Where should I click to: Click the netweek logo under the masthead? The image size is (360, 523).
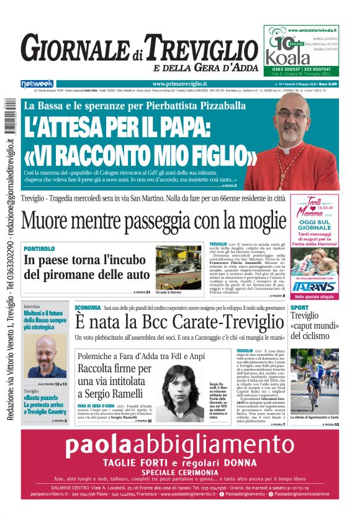click(x=37, y=83)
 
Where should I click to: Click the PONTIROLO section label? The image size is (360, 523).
click(x=40, y=248)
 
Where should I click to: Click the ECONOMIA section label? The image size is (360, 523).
click(x=88, y=308)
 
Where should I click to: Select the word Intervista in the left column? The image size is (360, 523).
click(x=36, y=307)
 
